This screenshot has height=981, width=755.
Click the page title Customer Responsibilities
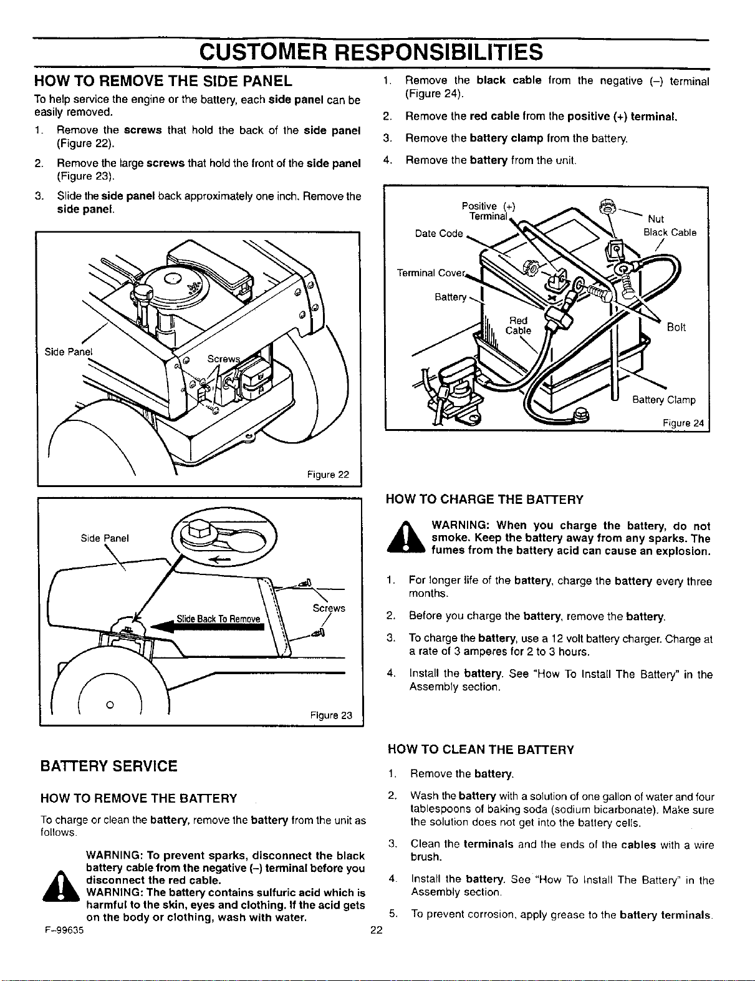pyautogui.click(x=371, y=52)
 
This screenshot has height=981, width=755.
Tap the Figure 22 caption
pyautogui.click(x=328, y=475)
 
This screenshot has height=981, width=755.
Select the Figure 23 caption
pyautogui.click(x=331, y=715)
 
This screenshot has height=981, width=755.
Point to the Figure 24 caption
pyautogui.click(x=683, y=423)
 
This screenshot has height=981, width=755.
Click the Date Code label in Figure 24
pyautogui.click(x=439, y=233)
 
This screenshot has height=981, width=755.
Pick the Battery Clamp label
pyautogui.click(x=664, y=400)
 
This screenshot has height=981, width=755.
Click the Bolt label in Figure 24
pyautogui.click(x=676, y=327)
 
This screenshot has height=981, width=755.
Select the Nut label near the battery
pyautogui.click(x=656, y=219)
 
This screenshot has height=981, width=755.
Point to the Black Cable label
pyautogui.click(x=670, y=233)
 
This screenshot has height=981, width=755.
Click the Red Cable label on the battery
pyautogui.click(x=518, y=326)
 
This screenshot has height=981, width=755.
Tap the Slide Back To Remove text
pyautogui.click(x=218, y=619)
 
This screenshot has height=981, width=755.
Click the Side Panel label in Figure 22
pyautogui.click(x=69, y=352)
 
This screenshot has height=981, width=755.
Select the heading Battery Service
pyautogui.click(x=108, y=766)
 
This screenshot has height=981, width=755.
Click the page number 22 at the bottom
pyautogui.click(x=377, y=930)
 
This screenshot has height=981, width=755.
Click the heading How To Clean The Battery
pyautogui.click(x=481, y=750)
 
